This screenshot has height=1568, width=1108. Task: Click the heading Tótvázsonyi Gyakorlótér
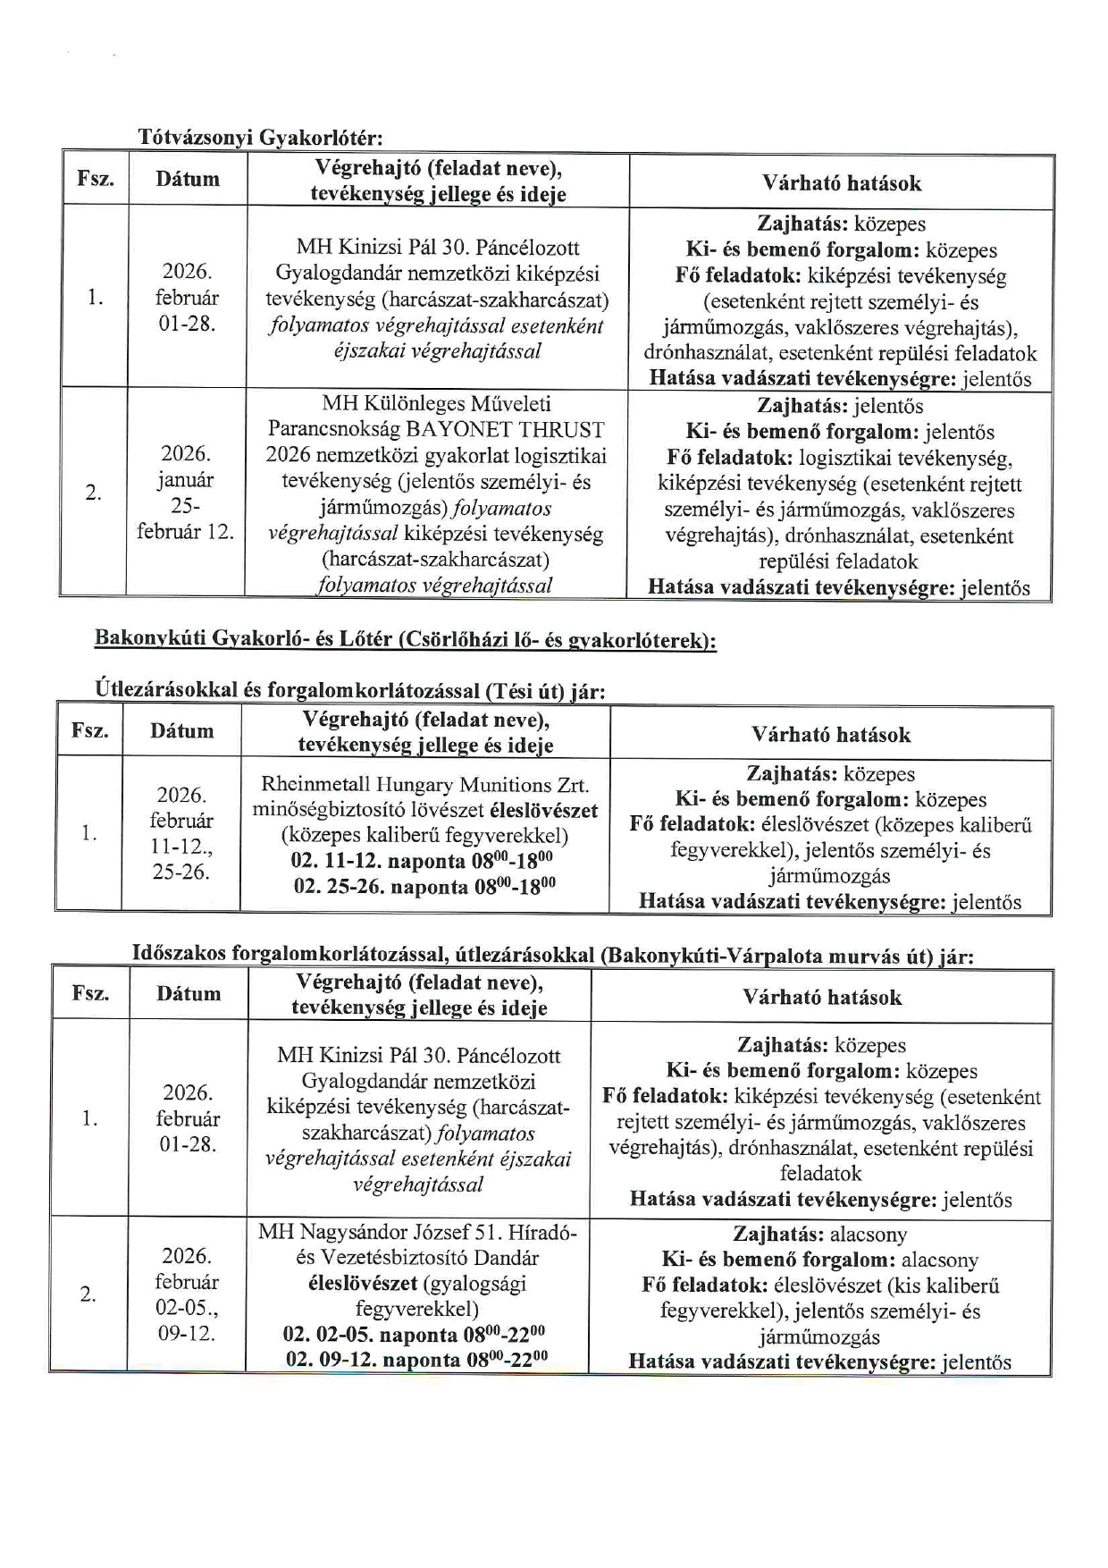[x=260, y=138]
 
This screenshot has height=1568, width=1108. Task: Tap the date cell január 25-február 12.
[x=185, y=493]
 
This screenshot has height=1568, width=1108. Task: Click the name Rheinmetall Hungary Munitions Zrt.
[x=424, y=785]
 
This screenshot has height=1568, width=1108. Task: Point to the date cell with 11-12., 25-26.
[x=181, y=833]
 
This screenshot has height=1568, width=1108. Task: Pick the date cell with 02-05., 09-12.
[x=187, y=1294]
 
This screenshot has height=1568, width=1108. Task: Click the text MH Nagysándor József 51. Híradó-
[x=417, y=1232]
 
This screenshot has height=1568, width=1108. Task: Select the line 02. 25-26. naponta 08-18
[x=424, y=886]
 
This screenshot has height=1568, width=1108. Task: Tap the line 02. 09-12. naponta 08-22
[x=416, y=1360]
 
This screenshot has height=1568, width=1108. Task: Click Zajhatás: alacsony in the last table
[x=819, y=1235]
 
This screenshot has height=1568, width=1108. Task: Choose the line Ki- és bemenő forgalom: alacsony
[x=819, y=1260]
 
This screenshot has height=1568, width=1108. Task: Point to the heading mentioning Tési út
[x=350, y=691]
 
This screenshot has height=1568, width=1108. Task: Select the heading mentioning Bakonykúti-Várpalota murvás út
[x=552, y=955]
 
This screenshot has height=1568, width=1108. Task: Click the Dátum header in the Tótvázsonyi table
[x=188, y=179]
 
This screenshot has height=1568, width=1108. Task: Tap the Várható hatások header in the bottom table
[x=821, y=997]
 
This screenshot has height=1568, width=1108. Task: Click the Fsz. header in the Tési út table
[x=90, y=730]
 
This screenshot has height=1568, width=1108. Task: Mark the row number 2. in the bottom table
[x=88, y=1294]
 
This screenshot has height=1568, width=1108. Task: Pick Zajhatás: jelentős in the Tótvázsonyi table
[x=840, y=406]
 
